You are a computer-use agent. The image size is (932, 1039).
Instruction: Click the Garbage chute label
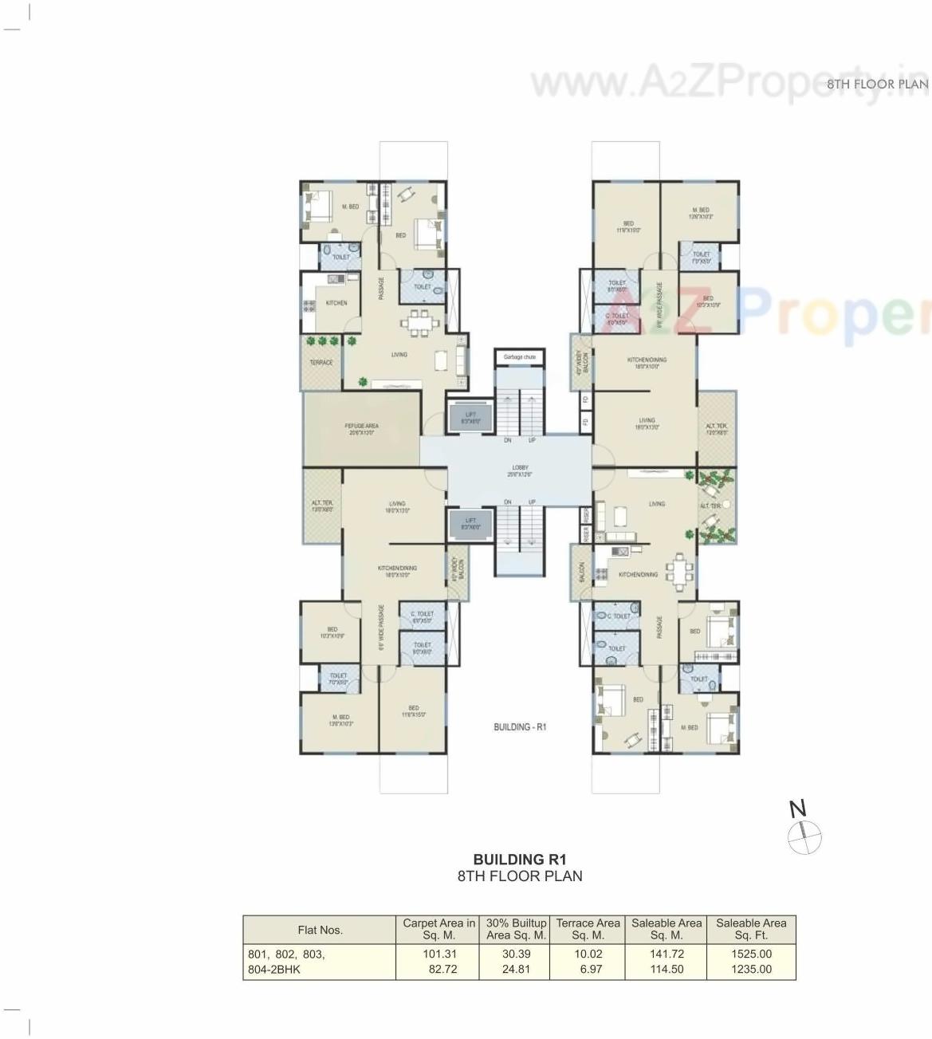519,357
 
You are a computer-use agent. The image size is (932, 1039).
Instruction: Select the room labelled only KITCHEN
336,303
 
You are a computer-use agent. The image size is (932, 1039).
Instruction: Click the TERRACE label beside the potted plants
321,363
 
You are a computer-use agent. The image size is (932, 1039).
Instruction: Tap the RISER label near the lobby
585,534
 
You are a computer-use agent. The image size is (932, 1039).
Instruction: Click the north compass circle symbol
804,838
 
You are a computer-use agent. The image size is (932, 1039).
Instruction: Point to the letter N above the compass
797,809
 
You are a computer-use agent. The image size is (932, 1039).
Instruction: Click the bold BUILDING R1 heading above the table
520,860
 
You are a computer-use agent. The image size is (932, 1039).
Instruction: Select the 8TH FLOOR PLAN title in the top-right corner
877,84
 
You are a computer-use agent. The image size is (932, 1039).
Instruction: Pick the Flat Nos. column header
320,930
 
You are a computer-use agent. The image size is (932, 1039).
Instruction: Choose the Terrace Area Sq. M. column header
588,929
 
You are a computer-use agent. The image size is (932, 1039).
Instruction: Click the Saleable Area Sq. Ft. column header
751,929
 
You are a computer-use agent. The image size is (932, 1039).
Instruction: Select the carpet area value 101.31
440,954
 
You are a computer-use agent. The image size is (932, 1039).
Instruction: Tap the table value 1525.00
752,954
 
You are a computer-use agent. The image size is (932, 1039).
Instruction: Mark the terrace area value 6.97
592,970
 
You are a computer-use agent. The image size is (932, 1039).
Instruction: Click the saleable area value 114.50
667,970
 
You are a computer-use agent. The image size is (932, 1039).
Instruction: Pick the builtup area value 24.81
516,970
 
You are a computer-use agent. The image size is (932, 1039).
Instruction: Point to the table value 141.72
667,954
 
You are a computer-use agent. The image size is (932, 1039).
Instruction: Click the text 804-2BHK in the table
274,970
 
